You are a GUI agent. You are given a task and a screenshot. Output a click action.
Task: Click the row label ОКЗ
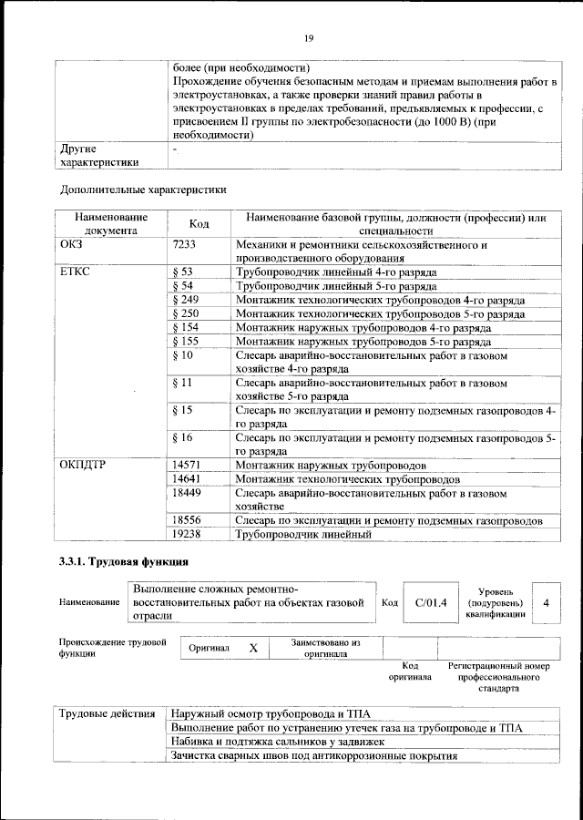(72, 245)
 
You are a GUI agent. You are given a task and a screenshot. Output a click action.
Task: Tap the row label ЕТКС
(76, 272)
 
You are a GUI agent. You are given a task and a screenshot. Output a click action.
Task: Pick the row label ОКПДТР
(83, 465)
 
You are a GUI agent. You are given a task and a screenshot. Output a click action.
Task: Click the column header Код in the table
(199, 224)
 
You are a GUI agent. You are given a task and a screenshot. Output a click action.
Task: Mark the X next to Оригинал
(254, 648)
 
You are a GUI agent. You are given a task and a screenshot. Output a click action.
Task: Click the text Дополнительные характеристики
(143, 190)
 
